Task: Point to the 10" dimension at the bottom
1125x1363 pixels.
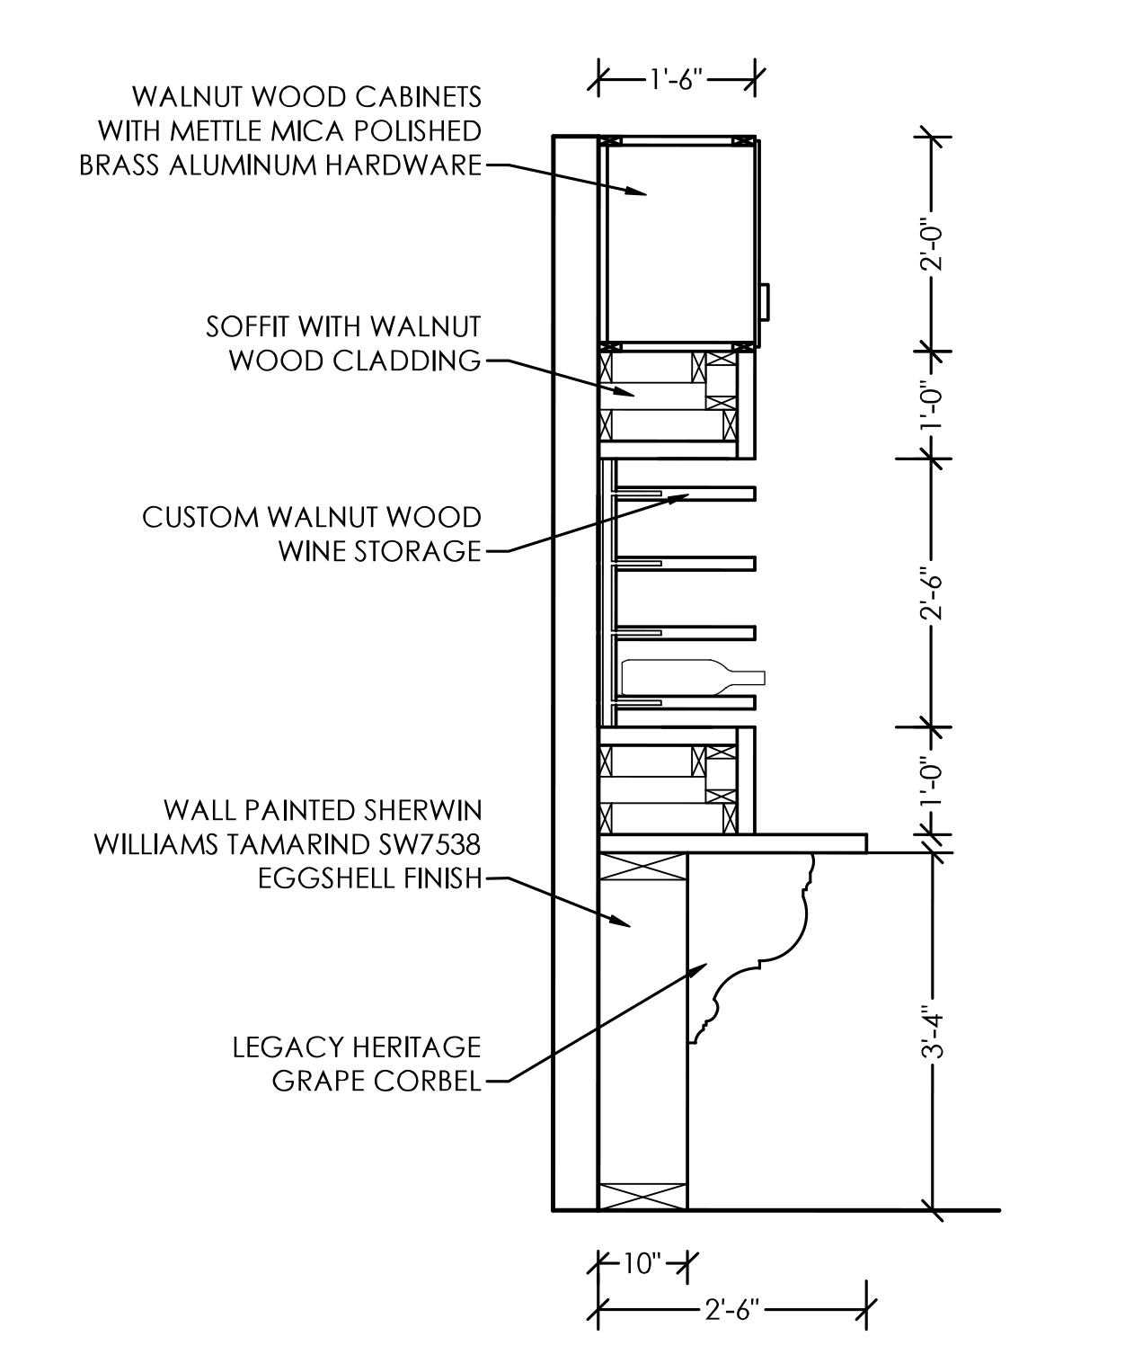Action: click(642, 1263)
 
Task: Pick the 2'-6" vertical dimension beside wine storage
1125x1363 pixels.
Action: click(934, 593)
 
